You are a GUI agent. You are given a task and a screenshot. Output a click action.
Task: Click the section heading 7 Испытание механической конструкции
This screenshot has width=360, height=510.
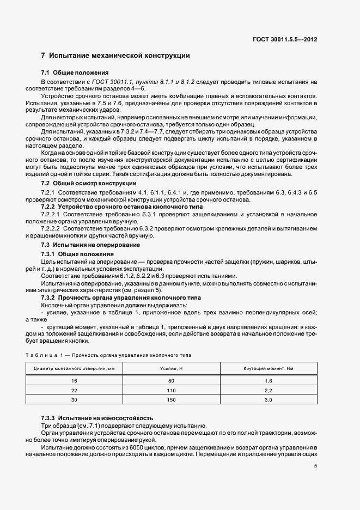pos(115,56)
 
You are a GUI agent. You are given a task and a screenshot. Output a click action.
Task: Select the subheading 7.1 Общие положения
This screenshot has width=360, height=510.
pos(75,72)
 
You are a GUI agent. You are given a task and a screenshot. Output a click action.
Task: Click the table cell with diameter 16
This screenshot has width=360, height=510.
pos(75,381)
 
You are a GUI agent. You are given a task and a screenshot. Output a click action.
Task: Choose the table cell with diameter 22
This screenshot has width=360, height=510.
pos(75,391)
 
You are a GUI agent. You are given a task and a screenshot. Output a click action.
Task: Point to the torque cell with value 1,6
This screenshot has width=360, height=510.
pos(267,381)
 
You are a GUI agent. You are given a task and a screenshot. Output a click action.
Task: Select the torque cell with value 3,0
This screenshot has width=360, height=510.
pos(267,400)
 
